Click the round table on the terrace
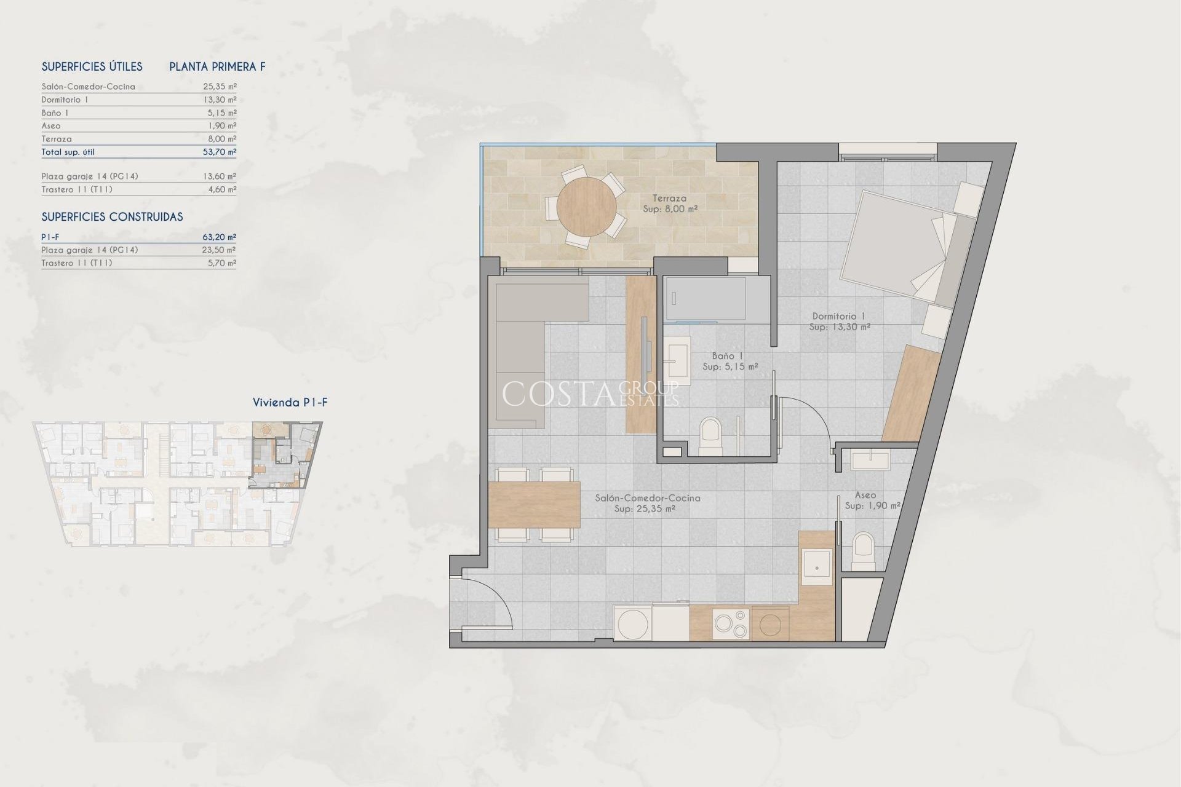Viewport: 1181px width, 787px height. (x=586, y=207)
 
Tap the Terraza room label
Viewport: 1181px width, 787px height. (x=669, y=199)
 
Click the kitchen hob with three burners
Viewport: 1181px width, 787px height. (x=731, y=623)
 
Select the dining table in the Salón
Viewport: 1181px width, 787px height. (x=534, y=505)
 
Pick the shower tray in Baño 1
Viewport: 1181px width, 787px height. (x=705, y=299)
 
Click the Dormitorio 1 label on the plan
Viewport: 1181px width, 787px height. (x=838, y=316)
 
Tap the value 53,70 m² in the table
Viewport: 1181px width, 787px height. (x=219, y=152)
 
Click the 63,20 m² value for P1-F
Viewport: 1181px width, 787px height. (x=219, y=237)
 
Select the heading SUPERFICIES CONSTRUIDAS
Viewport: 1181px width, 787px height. (x=112, y=217)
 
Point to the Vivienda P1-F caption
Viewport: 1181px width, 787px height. (x=290, y=403)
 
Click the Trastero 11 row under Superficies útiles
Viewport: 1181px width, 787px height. (x=77, y=189)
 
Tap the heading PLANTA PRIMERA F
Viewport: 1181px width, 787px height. (x=217, y=67)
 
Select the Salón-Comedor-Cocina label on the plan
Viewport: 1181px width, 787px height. (x=647, y=498)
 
